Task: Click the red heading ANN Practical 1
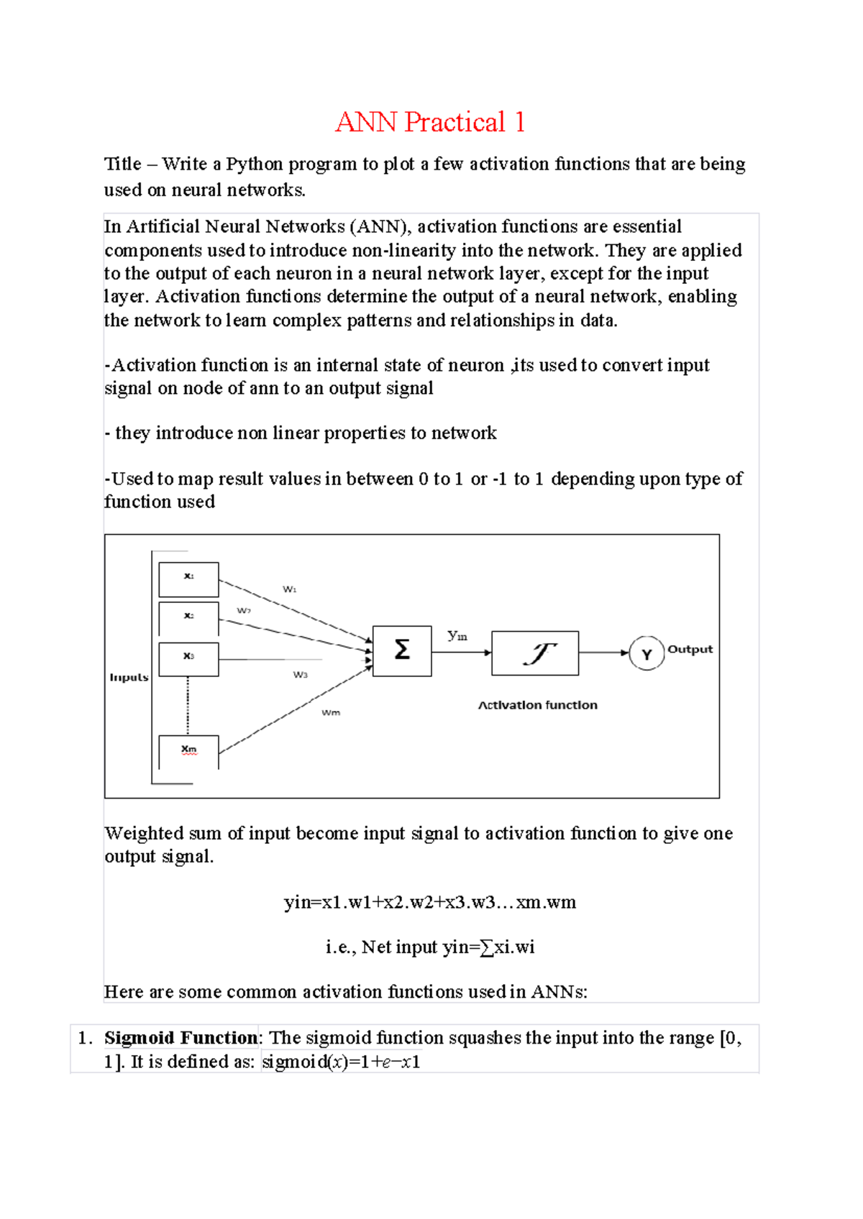[x=430, y=122]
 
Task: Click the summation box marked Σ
[x=402, y=650]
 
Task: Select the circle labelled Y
[x=647, y=654]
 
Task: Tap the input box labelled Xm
[x=188, y=751]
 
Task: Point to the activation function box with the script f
[x=535, y=653]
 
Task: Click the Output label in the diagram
[x=690, y=649]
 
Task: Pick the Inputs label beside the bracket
[x=129, y=677]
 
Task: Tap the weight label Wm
[x=331, y=712]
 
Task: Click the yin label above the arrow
[x=457, y=635]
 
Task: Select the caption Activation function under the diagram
[x=538, y=705]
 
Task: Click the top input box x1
[x=188, y=579]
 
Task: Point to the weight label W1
[x=289, y=589]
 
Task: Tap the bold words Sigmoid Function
[x=181, y=1038]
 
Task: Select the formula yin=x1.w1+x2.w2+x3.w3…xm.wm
[x=430, y=902]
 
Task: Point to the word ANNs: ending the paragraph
[x=559, y=992]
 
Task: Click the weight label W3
[x=300, y=674]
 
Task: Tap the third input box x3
[x=188, y=659]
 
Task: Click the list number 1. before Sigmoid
[x=86, y=1038]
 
